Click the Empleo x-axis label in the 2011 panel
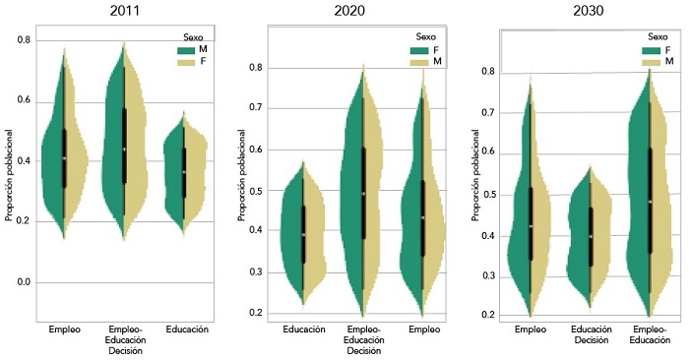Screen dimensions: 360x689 (64, 330)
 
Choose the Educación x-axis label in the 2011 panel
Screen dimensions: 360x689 (187, 330)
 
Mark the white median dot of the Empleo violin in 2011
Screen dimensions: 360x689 (64, 158)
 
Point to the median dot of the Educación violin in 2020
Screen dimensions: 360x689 (303, 235)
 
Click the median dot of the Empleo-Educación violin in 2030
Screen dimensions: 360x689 (651, 203)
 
